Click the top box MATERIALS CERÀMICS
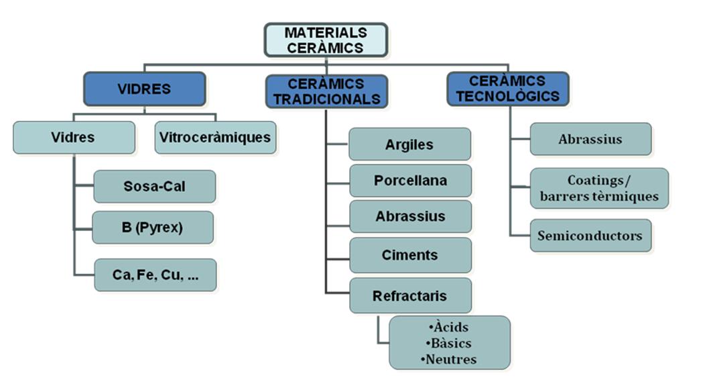[326, 40]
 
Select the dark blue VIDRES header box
[144, 89]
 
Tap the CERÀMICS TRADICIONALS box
[326, 91]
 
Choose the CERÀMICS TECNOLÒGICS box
[508, 89]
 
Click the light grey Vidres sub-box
[73, 137]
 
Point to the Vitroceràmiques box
[215, 137]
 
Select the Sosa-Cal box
[154, 186]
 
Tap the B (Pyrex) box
[153, 227]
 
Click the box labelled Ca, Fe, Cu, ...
[155, 275]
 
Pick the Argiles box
[409, 144]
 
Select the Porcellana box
[410, 181]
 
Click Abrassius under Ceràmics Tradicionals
[410, 217]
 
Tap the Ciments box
[410, 255]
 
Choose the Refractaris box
[410, 295]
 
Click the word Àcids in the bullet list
[449, 328]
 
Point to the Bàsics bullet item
[449, 343]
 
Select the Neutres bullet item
[449, 359]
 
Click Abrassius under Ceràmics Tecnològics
[590, 139]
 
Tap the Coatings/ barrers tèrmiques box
[599, 189]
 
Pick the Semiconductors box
[590, 236]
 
